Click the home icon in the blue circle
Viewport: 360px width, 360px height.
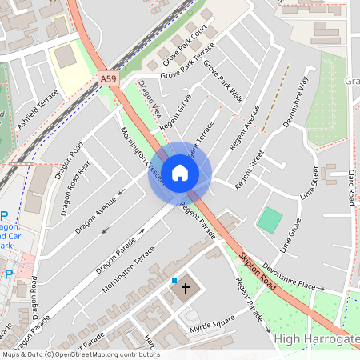[x=180, y=173]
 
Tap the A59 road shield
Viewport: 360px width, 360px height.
[x=108, y=78]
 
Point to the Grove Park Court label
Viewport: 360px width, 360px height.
[x=185, y=44]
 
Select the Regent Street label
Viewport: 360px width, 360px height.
[x=250, y=169]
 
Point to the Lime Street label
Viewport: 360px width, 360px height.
[x=309, y=186]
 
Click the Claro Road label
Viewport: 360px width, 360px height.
[x=350, y=187]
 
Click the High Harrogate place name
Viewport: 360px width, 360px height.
[x=316, y=339]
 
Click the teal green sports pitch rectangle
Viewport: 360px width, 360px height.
[x=271, y=220]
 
